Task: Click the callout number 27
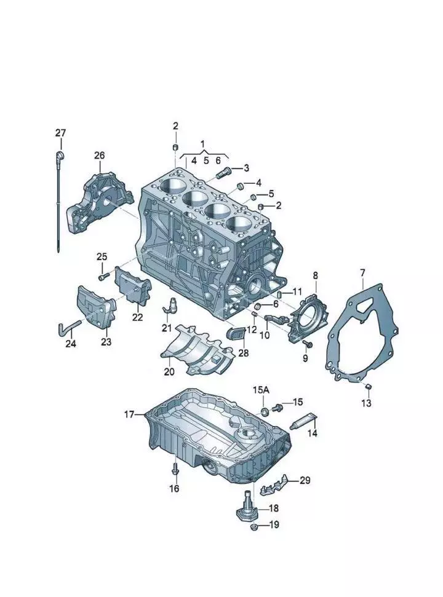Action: coord(60,133)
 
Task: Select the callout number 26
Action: coord(100,156)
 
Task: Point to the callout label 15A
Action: coord(261,390)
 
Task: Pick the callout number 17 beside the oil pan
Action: coord(129,415)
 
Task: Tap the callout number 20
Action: coord(169,371)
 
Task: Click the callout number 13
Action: coord(366,403)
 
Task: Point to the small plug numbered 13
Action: coord(367,386)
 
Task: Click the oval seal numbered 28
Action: coord(235,334)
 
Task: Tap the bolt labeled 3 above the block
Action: coord(223,170)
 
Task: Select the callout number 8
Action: coord(316,275)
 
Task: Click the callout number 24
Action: coord(71,344)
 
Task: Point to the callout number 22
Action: coord(137,317)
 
